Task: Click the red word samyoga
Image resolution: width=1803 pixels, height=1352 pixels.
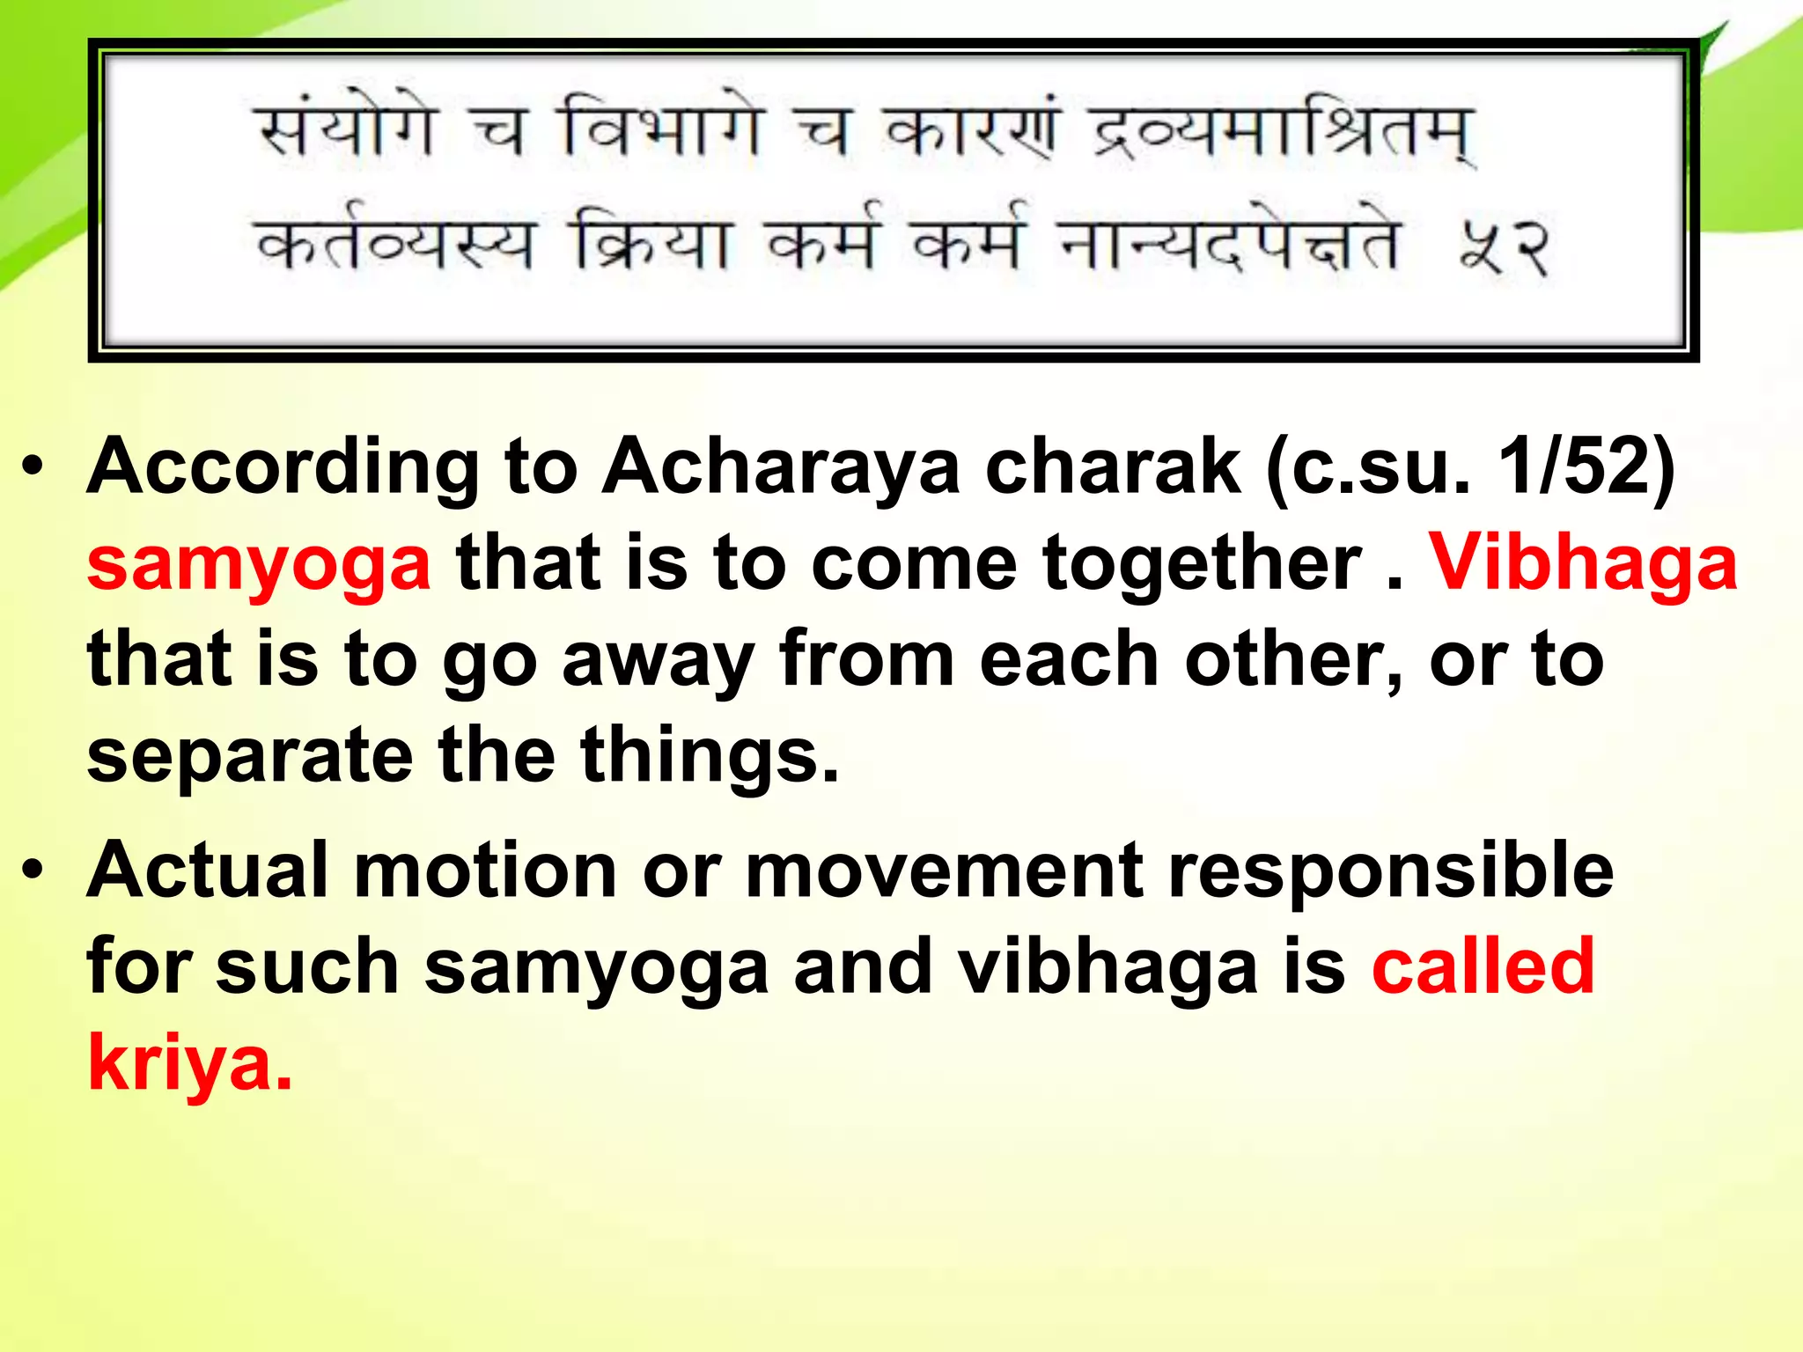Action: [259, 566]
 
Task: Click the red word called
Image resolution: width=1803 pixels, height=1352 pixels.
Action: [1483, 966]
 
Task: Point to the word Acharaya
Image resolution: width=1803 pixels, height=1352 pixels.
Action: [780, 467]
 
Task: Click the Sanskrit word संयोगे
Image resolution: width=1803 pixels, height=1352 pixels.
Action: [346, 132]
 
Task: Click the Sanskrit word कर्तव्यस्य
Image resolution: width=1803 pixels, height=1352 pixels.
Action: [394, 243]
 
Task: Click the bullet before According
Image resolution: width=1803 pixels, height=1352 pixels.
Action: [33, 467]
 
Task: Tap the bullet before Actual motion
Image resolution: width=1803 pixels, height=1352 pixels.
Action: [33, 871]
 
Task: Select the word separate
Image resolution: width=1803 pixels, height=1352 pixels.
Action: [249, 757]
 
